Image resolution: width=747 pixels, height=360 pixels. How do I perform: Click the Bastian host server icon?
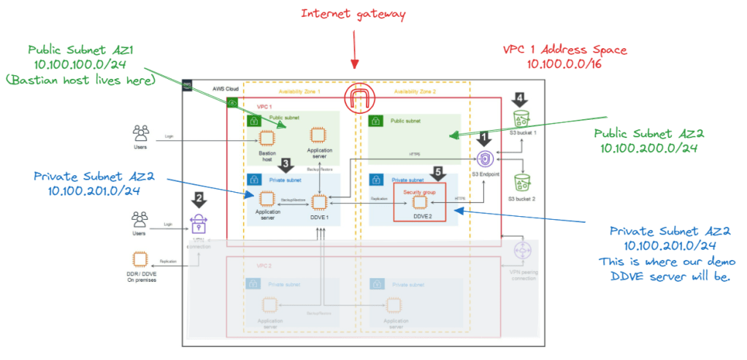pos(267,137)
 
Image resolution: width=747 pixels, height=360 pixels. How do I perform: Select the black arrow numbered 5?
pos(437,174)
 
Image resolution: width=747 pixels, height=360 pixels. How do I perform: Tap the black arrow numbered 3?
pos(287,165)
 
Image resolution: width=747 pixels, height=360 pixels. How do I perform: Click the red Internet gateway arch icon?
pos(359,96)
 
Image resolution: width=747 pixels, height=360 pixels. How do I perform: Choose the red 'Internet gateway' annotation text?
pos(353,13)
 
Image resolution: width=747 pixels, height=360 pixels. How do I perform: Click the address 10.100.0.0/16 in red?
pos(565,64)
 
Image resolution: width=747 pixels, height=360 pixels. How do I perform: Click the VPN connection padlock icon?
pos(199,224)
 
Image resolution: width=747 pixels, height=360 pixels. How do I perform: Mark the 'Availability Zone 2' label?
pos(413,91)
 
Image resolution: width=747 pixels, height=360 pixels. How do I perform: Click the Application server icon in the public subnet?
pos(317,135)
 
